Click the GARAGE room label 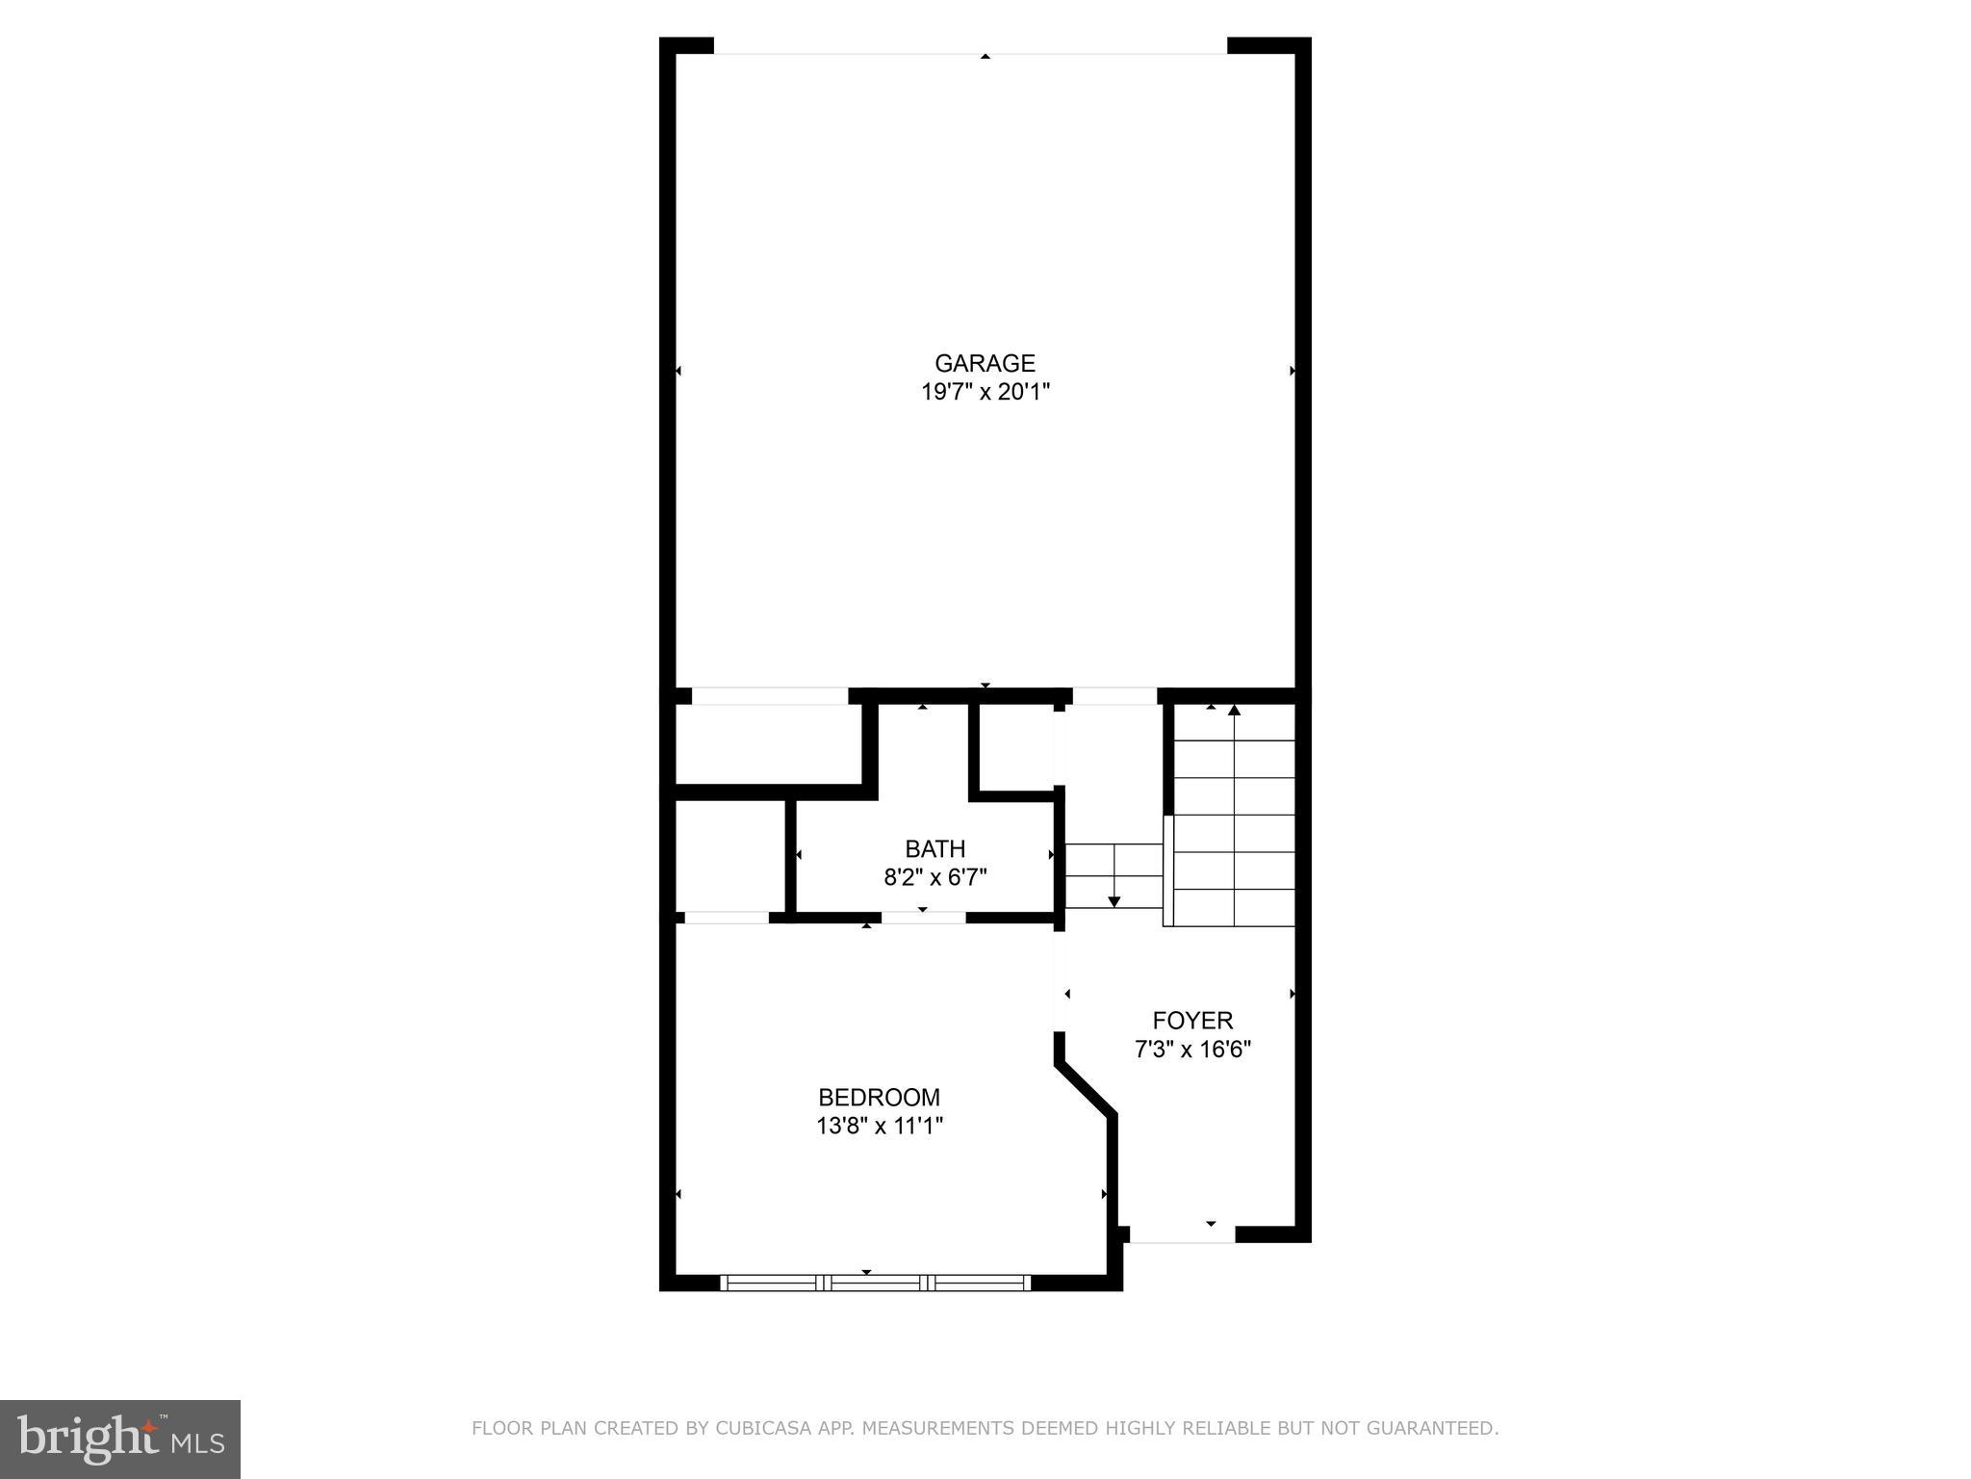(x=985, y=363)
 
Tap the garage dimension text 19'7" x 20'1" (x=985, y=392)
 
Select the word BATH (x=934, y=848)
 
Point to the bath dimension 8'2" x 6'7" (x=934, y=877)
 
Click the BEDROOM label (x=879, y=1097)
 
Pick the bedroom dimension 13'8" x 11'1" (x=879, y=1126)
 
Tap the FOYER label (x=1192, y=1020)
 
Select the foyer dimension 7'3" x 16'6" (x=1192, y=1049)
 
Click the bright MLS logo (x=119, y=1439)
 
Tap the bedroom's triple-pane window (x=875, y=1282)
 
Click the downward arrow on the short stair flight (x=1114, y=899)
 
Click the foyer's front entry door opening (x=1182, y=1234)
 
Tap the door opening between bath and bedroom (x=923, y=918)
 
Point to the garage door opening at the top (x=970, y=46)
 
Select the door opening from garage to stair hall (x=1114, y=696)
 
